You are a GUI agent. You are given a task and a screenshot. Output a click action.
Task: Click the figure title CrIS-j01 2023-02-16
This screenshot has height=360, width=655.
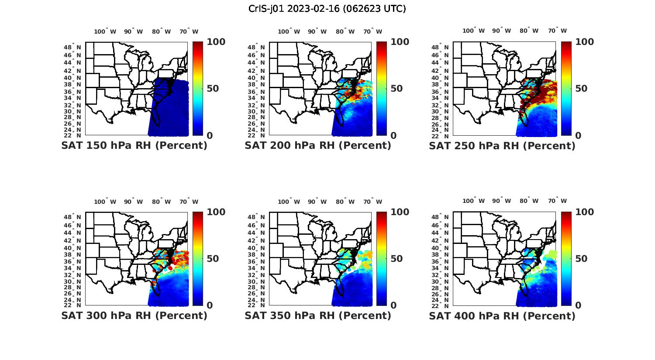(327, 9)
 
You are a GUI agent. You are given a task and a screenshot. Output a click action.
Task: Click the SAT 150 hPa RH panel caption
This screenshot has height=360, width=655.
(134, 146)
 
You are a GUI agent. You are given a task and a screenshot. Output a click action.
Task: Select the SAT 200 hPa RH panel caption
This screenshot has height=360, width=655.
(318, 146)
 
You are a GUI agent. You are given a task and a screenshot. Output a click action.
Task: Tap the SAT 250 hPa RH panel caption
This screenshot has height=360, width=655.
(502, 146)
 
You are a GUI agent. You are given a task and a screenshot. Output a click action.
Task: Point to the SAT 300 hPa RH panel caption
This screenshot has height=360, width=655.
(134, 315)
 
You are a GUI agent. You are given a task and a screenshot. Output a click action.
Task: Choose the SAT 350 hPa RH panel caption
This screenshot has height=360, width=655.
(318, 315)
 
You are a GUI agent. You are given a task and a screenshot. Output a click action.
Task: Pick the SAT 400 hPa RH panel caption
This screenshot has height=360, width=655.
(502, 315)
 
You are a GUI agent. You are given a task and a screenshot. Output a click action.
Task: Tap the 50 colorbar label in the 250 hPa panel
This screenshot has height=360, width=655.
(581, 89)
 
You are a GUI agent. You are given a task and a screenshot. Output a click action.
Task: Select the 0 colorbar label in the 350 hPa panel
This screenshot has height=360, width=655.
(393, 305)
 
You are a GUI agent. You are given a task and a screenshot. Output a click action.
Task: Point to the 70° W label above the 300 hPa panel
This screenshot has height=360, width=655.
(189, 202)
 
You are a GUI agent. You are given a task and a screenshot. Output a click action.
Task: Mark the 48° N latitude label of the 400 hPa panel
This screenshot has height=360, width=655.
(445, 217)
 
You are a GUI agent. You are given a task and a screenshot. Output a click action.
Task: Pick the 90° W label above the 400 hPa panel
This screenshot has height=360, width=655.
(501, 201)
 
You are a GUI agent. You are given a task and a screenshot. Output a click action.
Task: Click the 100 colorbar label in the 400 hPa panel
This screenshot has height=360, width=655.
(585, 212)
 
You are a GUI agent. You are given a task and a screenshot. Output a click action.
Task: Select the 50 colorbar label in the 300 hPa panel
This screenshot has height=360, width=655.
(213, 259)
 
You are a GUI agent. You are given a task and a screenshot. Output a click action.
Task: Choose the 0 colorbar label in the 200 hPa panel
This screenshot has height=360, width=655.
(393, 136)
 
